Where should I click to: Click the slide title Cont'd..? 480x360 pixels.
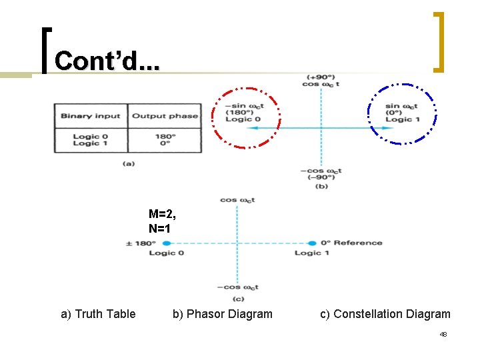pos(107,61)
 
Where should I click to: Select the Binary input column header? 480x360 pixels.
pos(91,115)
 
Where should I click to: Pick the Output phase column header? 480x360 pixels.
pos(165,115)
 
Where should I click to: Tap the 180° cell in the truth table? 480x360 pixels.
pos(165,136)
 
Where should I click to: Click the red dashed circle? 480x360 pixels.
pos(246,117)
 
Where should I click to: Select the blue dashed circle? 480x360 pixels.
pos(402,113)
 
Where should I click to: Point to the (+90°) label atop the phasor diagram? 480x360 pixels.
pos(321,77)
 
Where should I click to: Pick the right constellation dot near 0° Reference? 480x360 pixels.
pos(312,243)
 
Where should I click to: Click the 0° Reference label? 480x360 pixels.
pos(351,243)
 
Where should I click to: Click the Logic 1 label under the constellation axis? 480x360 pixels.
pos(312,253)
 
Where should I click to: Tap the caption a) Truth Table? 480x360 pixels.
pos(98,314)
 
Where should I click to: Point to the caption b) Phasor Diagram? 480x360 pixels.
pos(222,314)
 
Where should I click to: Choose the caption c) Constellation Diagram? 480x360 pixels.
pos(385,314)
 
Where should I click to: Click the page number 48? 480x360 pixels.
pos(443,335)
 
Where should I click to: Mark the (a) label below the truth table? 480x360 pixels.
pos(127,163)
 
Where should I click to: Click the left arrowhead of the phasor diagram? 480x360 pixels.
pos(241,127)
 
